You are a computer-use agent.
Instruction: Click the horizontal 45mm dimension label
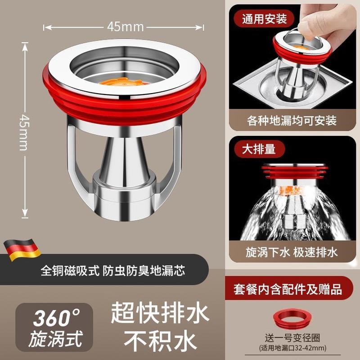(x=125, y=27)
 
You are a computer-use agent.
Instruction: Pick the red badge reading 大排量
(x=255, y=148)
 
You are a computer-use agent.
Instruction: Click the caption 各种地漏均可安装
(x=292, y=121)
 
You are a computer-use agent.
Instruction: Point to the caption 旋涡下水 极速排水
(x=292, y=252)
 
